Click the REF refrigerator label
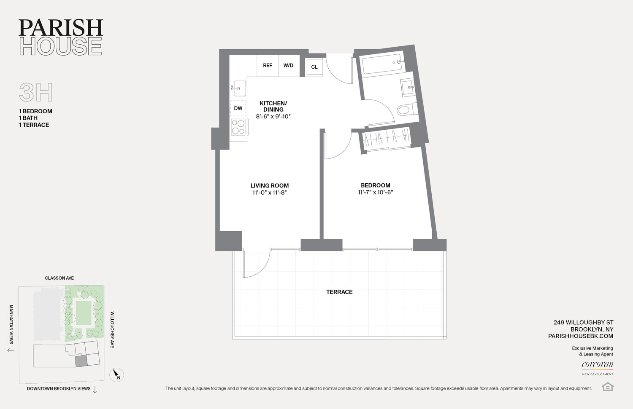pyautogui.click(x=268, y=66)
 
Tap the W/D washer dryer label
pyautogui.click(x=288, y=66)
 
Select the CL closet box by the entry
pyautogui.click(x=314, y=67)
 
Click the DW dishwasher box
pyautogui.click(x=238, y=108)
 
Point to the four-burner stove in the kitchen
pyautogui.click(x=238, y=127)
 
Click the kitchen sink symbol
pyautogui.click(x=238, y=88)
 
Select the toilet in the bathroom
pyautogui.click(x=406, y=110)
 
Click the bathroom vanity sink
pyautogui.click(x=408, y=88)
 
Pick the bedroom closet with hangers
pyautogui.click(x=387, y=138)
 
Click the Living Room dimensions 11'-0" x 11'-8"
pyautogui.click(x=269, y=193)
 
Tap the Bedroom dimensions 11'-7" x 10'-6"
pyautogui.click(x=375, y=192)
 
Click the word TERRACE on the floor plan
pyautogui.click(x=339, y=292)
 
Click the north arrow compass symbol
pyautogui.click(x=116, y=374)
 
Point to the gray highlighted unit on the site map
pyautogui.click(x=81, y=361)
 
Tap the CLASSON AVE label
pyautogui.click(x=60, y=278)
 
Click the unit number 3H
pyautogui.click(x=36, y=93)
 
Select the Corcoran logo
pyautogui.click(x=597, y=365)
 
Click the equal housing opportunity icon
pyautogui.click(x=607, y=387)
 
